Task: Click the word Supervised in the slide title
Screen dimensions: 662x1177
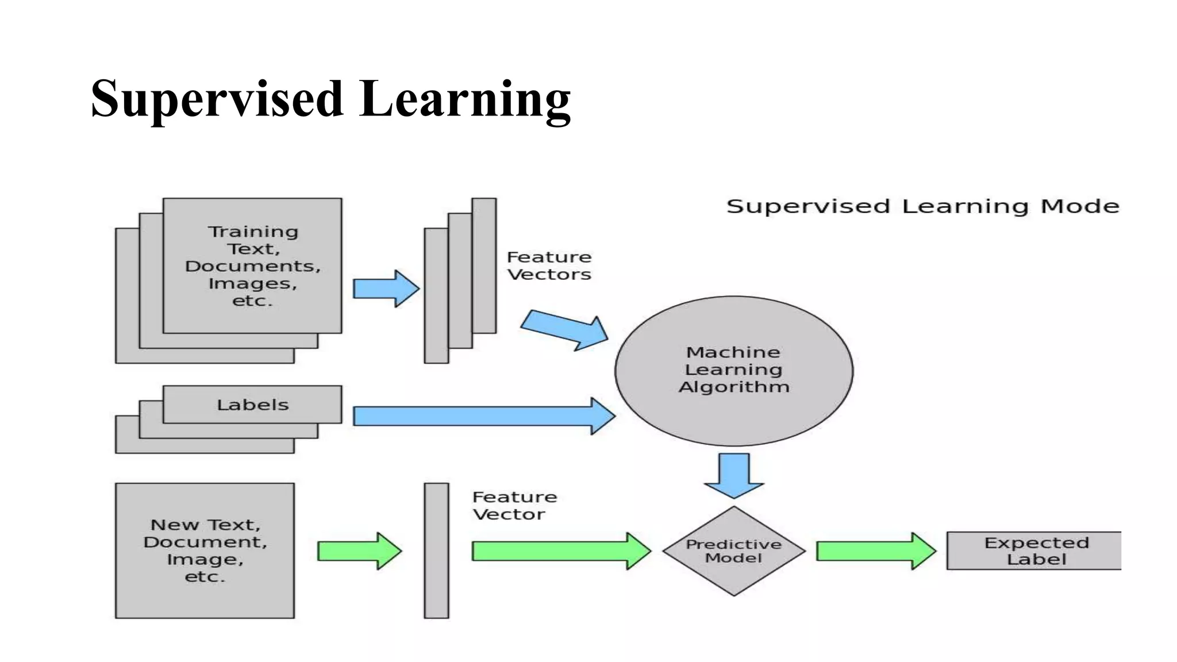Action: coord(217,99)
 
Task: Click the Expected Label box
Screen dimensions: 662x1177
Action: coord(1034,551)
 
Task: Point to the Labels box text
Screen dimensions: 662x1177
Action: coord(253,405)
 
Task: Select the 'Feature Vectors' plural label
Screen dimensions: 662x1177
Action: coord(549,265)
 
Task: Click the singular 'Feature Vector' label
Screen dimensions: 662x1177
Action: coord(514,506)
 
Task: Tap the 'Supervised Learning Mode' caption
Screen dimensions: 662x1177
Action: coord(922,206)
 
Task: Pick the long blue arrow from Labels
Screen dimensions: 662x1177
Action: coord(483,416)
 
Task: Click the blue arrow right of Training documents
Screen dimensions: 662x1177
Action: coord(386,288)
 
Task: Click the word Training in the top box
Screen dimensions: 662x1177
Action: coord(253,232)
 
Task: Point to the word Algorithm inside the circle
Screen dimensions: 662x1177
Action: coord(734,387)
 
